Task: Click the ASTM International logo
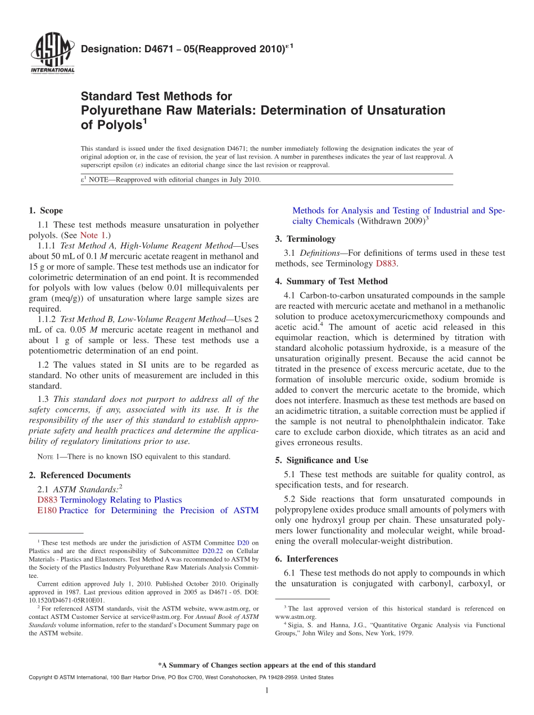(52, 53)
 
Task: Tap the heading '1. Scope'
(46, 211)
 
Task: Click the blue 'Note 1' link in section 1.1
(92, 235)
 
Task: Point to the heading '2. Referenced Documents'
(80, 475)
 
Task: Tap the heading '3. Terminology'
(305, 238)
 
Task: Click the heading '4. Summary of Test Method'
(332, 281)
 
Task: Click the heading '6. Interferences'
(306, 559)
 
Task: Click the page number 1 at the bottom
(267, 690)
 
